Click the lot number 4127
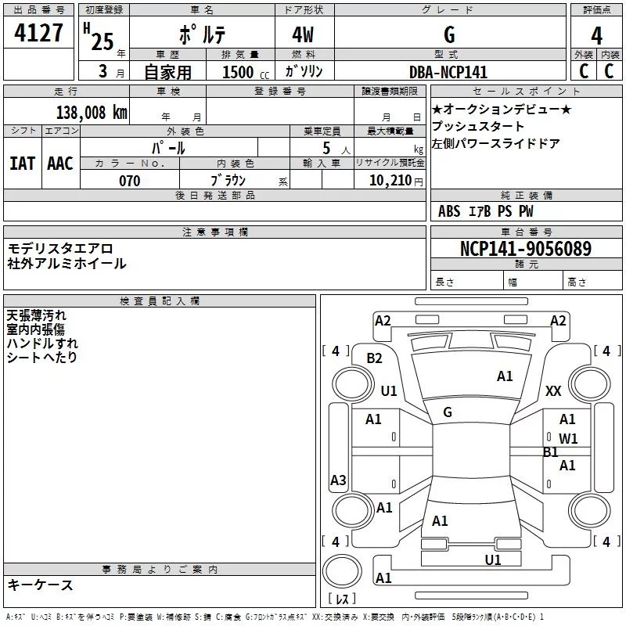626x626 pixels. (x=38, y=34)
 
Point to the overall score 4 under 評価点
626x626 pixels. (x=597, y=36)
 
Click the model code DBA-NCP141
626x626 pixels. (x=448, y=72)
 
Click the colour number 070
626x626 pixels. (x=129, y=181)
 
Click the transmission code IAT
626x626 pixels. (x=22, y=164)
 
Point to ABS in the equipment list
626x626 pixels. (x=449, y=211)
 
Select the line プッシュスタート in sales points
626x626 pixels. (x=478, y=126)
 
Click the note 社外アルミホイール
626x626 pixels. (x=67, y=264)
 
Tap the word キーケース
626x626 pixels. (x=40, y=585)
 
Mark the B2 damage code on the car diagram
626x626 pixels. (x=375, y=358)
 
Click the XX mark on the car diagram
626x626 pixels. (x=553, y=391)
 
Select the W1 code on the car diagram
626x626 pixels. (x=568, y=439)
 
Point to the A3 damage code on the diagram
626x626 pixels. (x=338, y=480)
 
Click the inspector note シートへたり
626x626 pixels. (x=42, y=358)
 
